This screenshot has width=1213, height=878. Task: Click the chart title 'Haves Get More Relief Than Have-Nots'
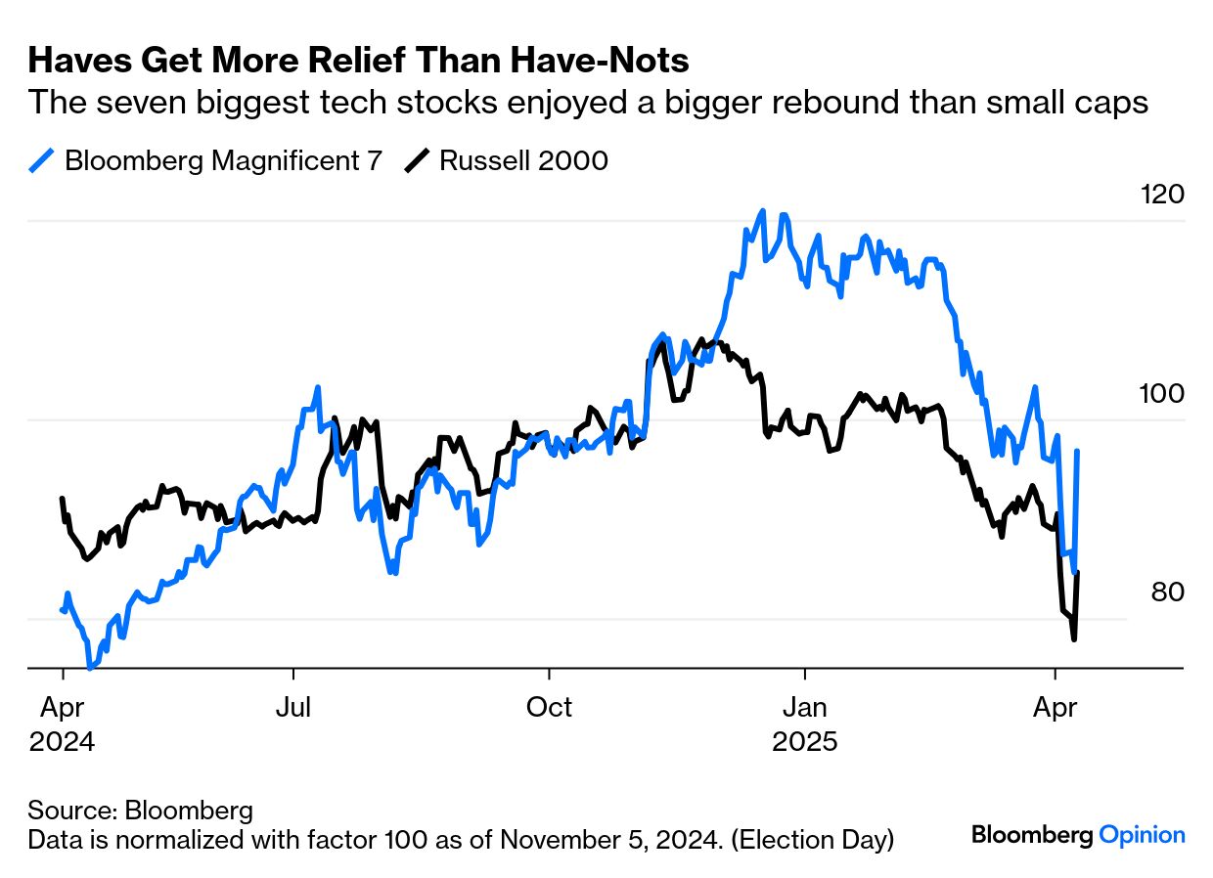[x=358, y=62]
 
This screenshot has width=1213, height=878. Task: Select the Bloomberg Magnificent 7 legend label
[x=223, y=160]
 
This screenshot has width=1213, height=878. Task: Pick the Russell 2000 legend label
[x=523, y=160]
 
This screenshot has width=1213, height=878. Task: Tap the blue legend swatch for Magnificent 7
[x=42, y=160]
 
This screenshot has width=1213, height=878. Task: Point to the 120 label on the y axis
[x=1162, y=195]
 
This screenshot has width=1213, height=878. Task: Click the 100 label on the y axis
[x=1162, y=394]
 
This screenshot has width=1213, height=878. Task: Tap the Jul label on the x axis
[x=292, y=707]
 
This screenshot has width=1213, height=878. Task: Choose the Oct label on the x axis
[x=549, y=707]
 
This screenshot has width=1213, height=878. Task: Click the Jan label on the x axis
[x=804, y=707]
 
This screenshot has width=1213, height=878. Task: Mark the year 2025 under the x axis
[x=804, y=742]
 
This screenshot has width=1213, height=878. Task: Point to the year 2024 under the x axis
[x=63, y=742]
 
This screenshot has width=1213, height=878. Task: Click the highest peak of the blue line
[x=761, y=211]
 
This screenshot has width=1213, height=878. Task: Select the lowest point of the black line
[x=1074, y=639]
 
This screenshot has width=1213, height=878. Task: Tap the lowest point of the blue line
[x=90, y=669]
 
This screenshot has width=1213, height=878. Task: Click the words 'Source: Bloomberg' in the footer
[x=141, y=811]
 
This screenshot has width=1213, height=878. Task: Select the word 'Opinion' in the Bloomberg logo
[x=1142, y=835]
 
